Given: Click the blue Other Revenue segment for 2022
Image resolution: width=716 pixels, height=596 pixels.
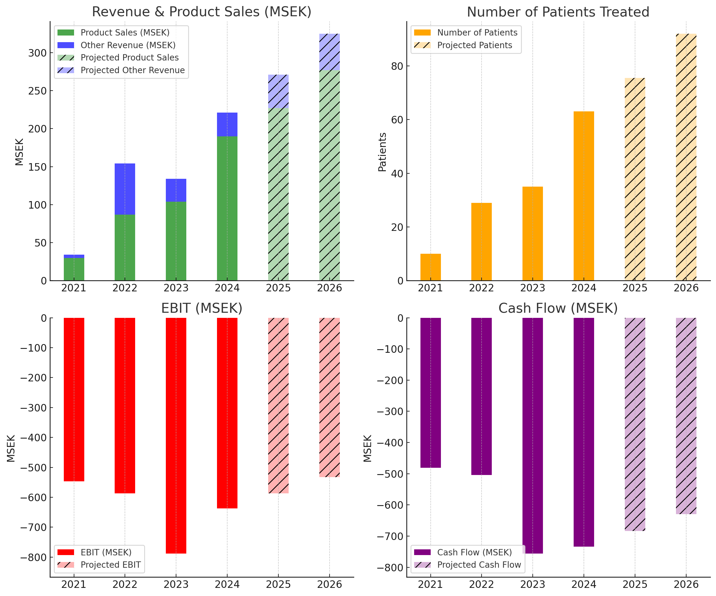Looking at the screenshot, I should click(x=125, y=189).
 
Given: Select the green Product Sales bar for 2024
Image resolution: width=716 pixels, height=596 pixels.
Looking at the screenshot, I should click(x=227, y=208).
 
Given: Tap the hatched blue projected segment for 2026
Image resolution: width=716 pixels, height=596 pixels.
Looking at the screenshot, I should click(x=329, y=52).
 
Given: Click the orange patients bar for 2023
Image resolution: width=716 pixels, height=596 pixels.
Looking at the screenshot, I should click(x=533, y=234).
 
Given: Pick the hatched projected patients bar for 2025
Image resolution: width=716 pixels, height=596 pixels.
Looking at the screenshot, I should click(x=635, y=179).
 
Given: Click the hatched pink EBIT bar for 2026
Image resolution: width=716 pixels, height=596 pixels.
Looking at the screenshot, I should click(x=329, y=397).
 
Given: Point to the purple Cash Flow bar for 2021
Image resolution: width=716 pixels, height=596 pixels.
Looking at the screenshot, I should click(x=430, y=393).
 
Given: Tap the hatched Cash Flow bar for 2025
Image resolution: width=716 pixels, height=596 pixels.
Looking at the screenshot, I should click(x=635, y=424).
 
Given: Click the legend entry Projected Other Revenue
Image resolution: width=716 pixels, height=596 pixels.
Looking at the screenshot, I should click(x=132, y=70).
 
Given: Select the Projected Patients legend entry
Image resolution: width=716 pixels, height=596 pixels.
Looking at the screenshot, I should click(x=474, y=45).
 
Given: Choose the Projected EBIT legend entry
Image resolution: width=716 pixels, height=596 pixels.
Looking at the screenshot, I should click(x=110, y=565).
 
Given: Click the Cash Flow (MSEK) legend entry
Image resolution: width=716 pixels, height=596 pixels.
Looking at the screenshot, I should click(x=474, y=552).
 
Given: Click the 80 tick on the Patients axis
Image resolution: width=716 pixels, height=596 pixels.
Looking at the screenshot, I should click(x=397, y=66).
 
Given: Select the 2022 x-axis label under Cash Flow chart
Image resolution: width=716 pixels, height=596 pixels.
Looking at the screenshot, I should click(x=482, y=584).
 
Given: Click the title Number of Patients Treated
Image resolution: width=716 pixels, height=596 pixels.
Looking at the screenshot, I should click(x=558, y=12).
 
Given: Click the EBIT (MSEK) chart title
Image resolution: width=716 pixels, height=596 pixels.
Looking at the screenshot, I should click(x=202, y=308).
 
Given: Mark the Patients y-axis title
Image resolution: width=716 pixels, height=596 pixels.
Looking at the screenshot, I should click(x=383, y=152).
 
